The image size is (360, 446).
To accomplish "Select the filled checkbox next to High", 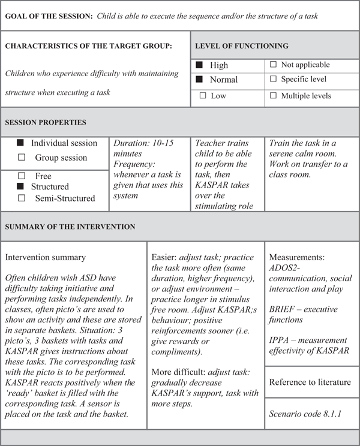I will click(200, 65).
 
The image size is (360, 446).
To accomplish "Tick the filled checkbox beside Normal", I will click(200, 80).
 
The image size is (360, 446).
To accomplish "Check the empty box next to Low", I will click(203, 95).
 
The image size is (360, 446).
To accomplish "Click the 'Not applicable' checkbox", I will click(274, 65).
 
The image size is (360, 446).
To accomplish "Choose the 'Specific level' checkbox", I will click(274, 80).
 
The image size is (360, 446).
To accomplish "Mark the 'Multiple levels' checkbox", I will click(274, 95).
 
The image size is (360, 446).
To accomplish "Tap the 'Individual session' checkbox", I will click(20, 143).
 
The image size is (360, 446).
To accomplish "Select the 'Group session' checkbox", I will click(22, 158).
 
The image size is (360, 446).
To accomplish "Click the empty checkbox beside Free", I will click(22, 176).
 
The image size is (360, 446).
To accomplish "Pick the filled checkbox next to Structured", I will click(20, 187).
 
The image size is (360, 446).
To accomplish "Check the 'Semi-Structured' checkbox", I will click(22, 198).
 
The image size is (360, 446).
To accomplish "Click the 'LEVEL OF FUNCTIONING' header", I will click(242, 46).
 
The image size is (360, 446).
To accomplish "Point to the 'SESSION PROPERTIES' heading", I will click(46, 122).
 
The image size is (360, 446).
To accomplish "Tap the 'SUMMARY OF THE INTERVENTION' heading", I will click(70, 227).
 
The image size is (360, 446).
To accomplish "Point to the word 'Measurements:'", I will click(297, 257).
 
